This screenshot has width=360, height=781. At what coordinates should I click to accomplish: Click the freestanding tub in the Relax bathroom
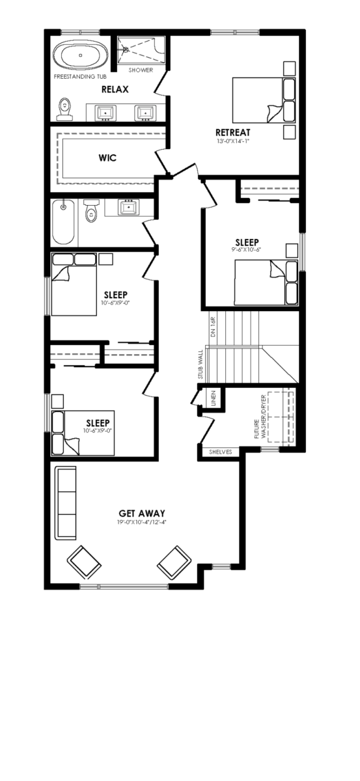(81, 55)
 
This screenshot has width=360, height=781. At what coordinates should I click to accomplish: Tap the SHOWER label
(141, 70)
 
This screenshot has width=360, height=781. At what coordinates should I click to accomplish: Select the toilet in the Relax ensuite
(64, 109)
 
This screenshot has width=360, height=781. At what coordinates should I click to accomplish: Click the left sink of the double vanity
(105, 112)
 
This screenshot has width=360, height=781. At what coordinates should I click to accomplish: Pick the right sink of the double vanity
(145, 112)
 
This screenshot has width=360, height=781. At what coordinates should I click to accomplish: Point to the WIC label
(107, 158)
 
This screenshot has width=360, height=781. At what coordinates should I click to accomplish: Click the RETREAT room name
(232, 133)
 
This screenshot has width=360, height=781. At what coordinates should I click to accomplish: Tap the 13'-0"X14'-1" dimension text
(233, 141)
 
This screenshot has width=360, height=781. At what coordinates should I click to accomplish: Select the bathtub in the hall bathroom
(64, 222)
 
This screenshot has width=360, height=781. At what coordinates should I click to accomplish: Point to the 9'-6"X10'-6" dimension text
(247, 250)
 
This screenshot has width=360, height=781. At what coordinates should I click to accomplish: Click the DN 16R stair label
(214, 327)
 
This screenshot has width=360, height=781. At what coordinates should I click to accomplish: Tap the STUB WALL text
(201, 364)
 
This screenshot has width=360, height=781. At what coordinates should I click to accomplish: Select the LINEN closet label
(214, 398)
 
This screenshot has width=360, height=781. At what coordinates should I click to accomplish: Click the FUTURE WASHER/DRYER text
(260, 417)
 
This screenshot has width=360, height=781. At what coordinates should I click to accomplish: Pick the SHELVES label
(221, 452)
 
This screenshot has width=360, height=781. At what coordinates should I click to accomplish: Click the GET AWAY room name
(142, 514)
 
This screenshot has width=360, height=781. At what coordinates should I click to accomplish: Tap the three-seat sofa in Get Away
(66, 502)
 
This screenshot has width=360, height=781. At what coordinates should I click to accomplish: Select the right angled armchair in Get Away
(174, 563)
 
